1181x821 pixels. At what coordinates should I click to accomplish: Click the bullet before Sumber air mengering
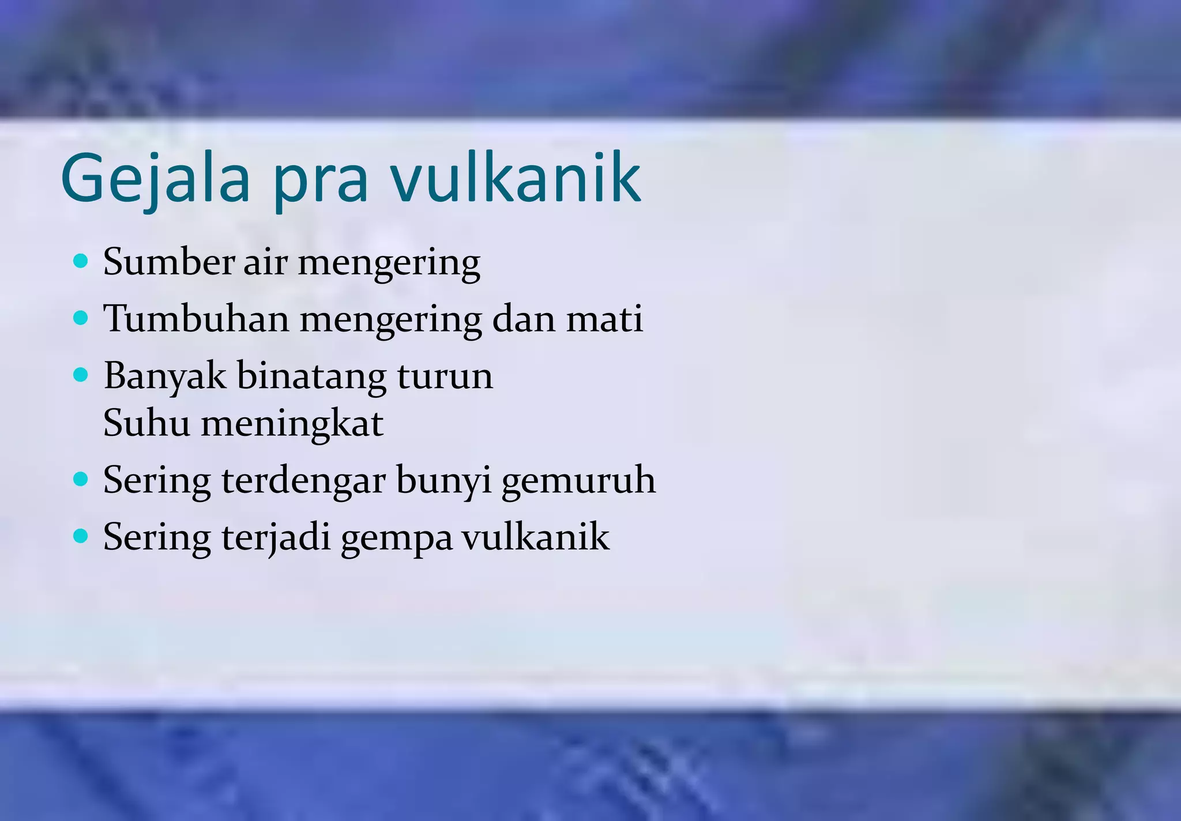pyautogui.click(x=81, y=261)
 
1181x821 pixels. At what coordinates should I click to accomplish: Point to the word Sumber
pyautogui.click(x=168, y=262)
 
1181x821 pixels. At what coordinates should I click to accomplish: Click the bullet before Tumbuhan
pyautogui.click(x=81, y=318)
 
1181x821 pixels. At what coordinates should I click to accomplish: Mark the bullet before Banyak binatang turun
pyautogui.click(x=81, y=375)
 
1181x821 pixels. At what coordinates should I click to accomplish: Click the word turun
pyautogui.click(x=445, y=376)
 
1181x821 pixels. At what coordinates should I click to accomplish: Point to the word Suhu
pyautogui.click(x=146, y=423)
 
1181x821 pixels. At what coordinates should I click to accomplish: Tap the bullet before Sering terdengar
pyautogui.click(x=81, y=479)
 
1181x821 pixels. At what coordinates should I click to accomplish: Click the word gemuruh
pyautogui.click(x=578, y=481)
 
